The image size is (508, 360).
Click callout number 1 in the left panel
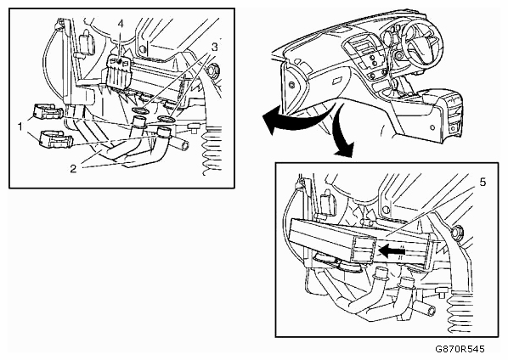[20, 127]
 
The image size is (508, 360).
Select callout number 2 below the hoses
[74, 168]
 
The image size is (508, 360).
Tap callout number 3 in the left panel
[214, 48]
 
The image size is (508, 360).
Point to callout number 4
[121, 24]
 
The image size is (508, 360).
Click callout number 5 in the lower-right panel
[483, 183]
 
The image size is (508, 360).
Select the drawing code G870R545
[460, 349]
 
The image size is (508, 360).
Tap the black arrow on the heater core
[392, 250]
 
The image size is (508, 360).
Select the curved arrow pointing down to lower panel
[342, 130]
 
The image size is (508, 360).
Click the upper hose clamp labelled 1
[48, 112]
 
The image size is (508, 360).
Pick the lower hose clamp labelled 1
[56, 139]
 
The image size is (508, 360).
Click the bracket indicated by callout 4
[119, 72]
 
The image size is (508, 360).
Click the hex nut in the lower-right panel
[458, 232]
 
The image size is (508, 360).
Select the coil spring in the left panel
[212, 151]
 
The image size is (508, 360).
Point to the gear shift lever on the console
[396, 87]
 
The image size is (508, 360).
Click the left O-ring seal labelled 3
[142, 111]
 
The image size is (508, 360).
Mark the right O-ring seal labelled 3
[167, 119]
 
